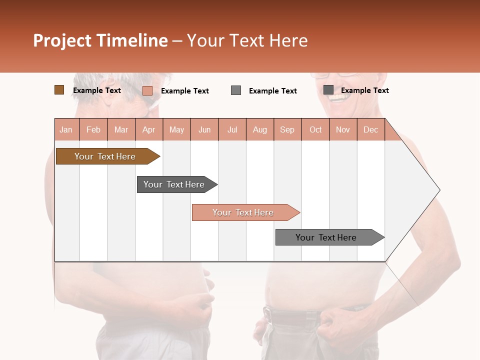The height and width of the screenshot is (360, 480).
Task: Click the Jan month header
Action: [66, 129]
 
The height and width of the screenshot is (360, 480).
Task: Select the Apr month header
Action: [148, 129]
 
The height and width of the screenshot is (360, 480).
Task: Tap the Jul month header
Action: [232, 129]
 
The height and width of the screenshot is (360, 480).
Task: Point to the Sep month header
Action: [287, 129]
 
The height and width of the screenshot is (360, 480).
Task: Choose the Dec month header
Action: [370, 129]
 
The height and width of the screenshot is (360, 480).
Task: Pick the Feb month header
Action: [93, 129]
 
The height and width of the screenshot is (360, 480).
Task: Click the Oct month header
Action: [315, 129]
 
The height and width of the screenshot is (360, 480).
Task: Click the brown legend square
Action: [59, 90]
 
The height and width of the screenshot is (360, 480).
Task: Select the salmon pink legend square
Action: [147, 90]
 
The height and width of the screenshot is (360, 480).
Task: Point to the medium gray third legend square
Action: [236, 90]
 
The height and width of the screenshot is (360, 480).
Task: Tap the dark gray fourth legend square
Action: [328, 90]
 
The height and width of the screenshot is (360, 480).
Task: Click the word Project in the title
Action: [62, 40]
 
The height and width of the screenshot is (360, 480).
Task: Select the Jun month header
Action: [204, 129]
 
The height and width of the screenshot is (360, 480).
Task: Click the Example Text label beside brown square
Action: [97, 90]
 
